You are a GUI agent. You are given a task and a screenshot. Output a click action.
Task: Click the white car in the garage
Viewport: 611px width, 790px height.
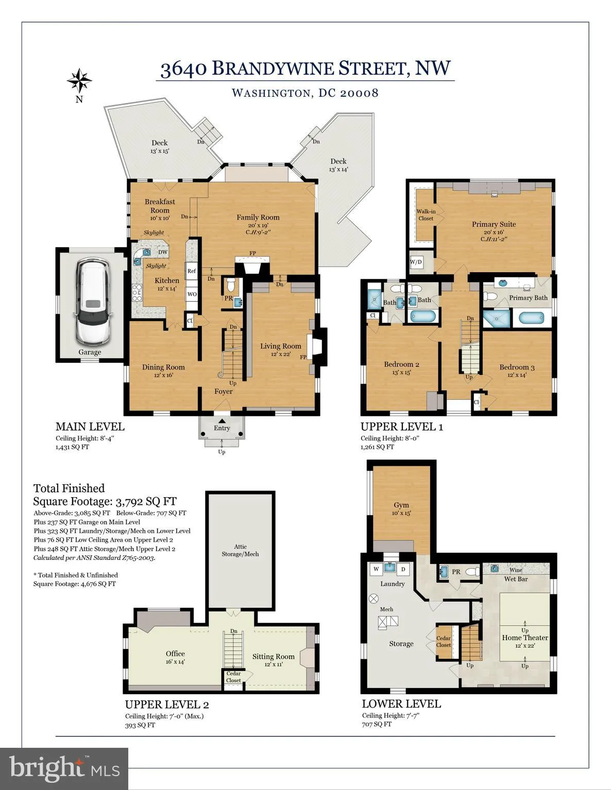click(x=92, y=302)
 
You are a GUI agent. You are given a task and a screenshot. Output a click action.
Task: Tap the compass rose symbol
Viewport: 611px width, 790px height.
click(x=79, y=81)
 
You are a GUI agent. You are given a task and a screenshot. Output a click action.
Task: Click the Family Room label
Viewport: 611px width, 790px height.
click(x=258, y=217)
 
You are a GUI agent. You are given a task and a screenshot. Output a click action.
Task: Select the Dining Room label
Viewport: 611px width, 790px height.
click(x=163, y=367)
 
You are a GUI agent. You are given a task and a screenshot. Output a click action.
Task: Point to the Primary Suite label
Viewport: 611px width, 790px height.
click(x=494, y=224)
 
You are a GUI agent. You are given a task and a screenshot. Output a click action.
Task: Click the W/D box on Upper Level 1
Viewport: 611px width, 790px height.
click(x=416, y=262)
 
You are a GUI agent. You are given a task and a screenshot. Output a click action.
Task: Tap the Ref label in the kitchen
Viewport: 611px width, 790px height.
click(x=192, y=271)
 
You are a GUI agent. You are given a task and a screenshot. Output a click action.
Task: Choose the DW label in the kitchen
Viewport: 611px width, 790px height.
click(x=163, y=252)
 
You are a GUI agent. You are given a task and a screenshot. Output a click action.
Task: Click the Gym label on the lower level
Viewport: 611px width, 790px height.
click(x=401, y=505)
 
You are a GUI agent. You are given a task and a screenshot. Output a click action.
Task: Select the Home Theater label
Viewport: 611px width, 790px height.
click(x=525, y=638)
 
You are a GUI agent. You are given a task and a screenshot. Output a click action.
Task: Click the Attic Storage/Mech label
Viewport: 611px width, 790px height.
click(x=240, y=550)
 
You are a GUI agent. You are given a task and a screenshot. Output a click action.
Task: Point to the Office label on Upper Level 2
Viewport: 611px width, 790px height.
click(x=175, y=654)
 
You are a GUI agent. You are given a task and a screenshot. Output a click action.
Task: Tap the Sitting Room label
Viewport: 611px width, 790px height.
click(x=273, y=657)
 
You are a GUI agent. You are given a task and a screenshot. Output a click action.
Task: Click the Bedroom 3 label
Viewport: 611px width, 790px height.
click(x=517, y=367)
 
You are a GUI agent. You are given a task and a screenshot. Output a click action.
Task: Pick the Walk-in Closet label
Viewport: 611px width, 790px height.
click(x=426, y=215)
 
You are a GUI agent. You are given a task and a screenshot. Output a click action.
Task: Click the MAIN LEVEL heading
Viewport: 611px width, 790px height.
click(x=90, y=427)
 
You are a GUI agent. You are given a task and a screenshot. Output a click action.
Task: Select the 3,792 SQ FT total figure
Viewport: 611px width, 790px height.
click(x=146, y=502)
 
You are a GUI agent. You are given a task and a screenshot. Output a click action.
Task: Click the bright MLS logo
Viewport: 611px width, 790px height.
click(x=64, y=768)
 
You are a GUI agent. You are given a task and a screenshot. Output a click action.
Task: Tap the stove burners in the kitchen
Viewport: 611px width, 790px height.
click(x=137, y=293)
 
